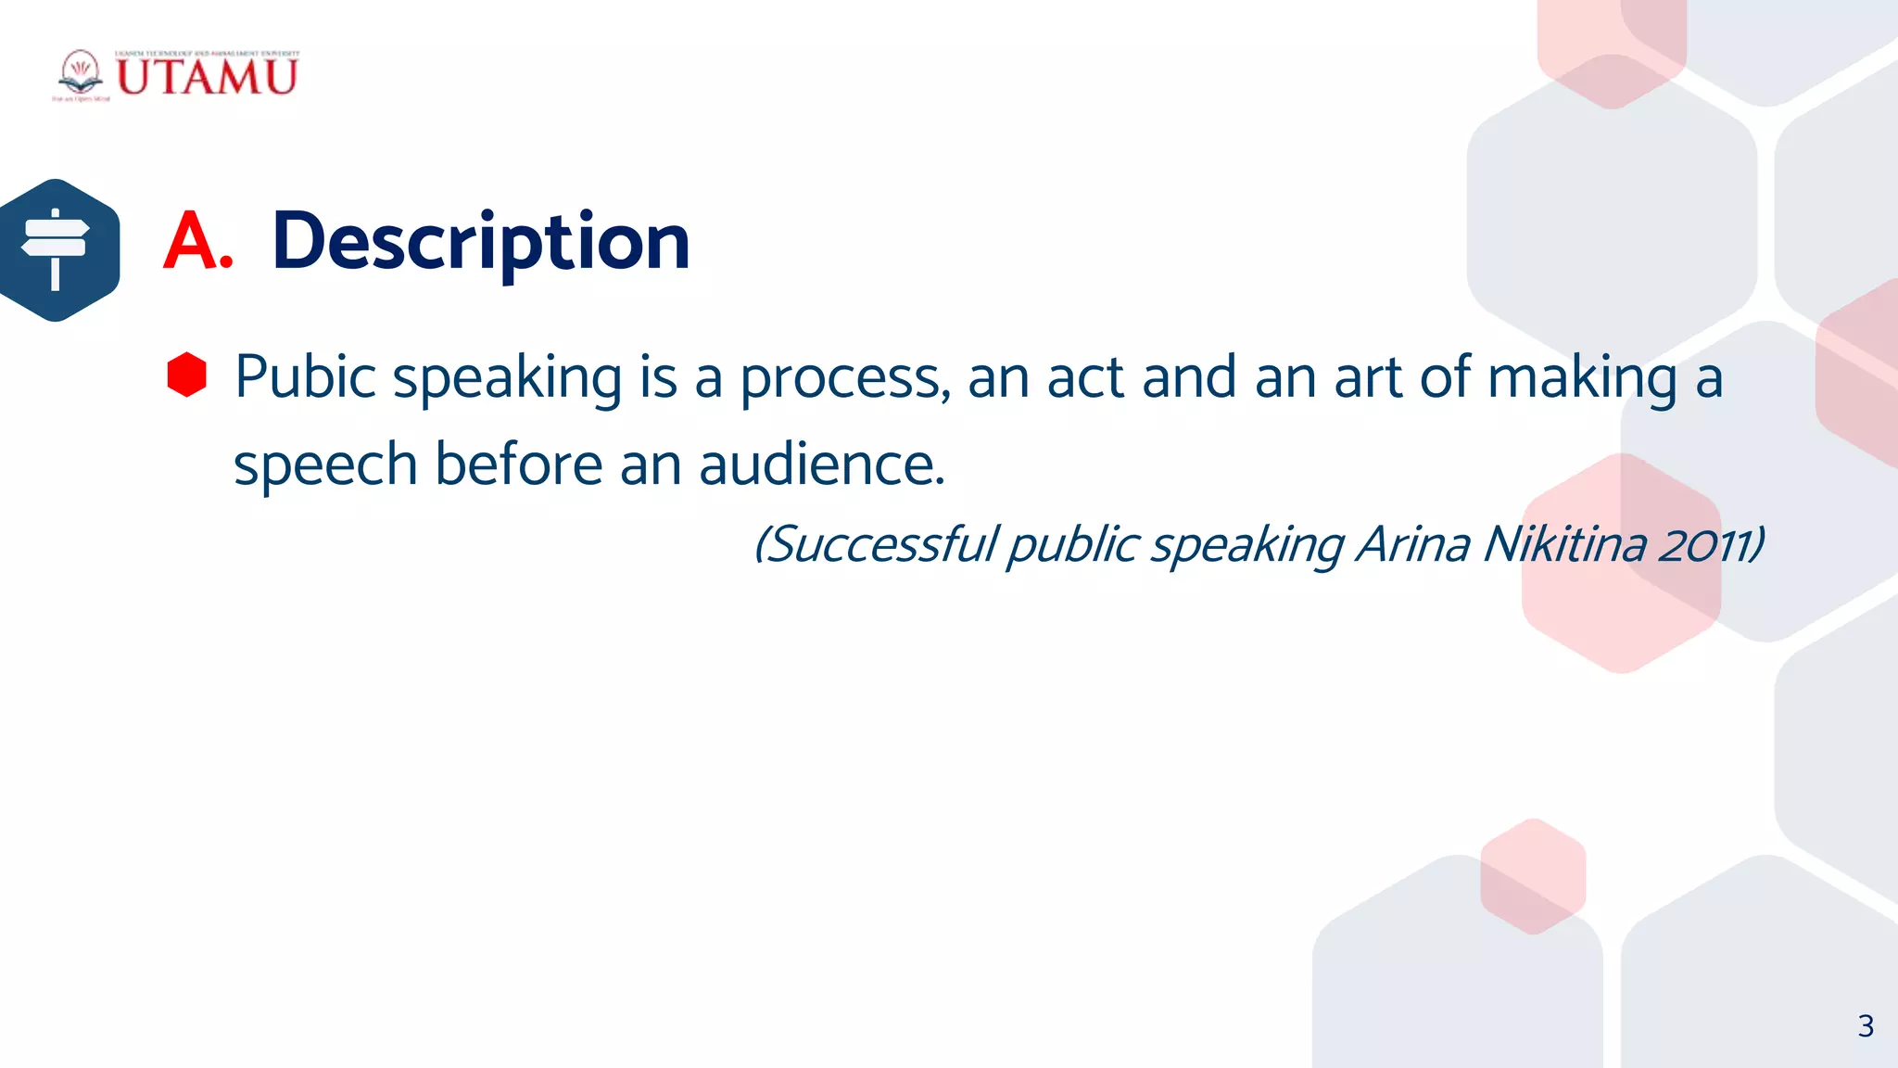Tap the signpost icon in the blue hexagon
click(x=56, y=249)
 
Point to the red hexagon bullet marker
click(x=187, y=375)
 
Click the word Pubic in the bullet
click(x=305, y=377)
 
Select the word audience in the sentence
click(x=821, y=464)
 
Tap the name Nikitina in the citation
click(x=1564, y=543)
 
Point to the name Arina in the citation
click(x=1413, y=543)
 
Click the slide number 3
click(x=1866, y=1026)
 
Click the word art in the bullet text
click(x=1368, y=377)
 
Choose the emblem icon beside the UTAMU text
click(x=81, y=74)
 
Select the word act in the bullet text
click(x=1085, y=377)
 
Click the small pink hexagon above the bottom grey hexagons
click(x=1533, y=876)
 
